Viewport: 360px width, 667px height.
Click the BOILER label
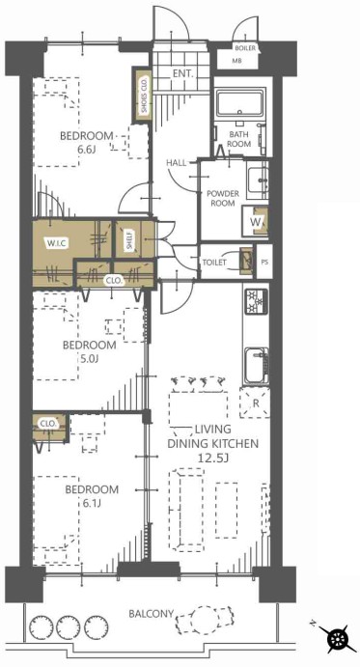coord(245,48)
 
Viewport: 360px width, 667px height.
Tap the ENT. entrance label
coord(183,73)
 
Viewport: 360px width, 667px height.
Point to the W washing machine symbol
coord(256,221)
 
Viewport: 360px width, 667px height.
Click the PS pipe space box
coord(264,262)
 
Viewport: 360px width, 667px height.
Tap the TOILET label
coord(214,263)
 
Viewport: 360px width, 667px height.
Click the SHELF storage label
coord(129,240)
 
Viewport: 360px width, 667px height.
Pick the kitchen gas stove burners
coord(256,301)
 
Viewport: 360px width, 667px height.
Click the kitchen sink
coord(256,366)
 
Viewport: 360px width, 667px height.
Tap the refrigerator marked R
coord(255,403)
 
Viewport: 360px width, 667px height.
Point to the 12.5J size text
coord(212,458)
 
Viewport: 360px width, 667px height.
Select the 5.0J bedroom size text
coord(89,358)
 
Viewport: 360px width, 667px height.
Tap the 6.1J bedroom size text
coord(92,504)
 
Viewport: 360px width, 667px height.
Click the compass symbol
coord(339,640)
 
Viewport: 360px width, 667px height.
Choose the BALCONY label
coord(152,614)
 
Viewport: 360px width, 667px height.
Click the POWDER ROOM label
coord(223,198)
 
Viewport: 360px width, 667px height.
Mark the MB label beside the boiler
coord(237,61)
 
